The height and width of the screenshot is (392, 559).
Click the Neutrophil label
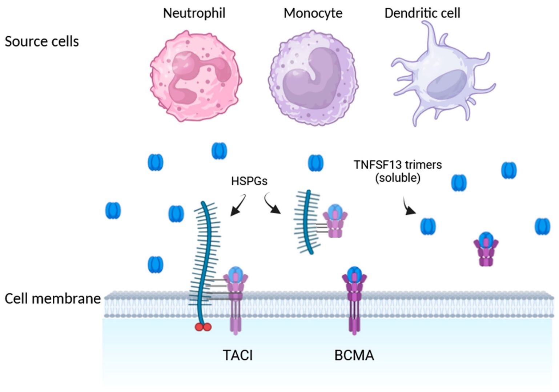(x=194, y=13)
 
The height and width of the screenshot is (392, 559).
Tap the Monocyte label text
(x=313, y=13)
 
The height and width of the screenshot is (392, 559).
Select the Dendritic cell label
(x=422, y=13)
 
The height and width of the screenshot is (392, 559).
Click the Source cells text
(x=41, y=41)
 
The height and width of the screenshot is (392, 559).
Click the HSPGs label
(x=249, y=181)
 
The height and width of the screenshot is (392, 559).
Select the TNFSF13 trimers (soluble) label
(x=398, y=171)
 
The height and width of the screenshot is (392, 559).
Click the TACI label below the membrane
(x=237, y=355)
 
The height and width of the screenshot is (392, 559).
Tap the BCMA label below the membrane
(x=354, y=355)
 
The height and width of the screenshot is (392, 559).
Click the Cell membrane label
(x=52, y=298)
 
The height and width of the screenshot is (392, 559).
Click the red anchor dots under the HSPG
(x=203, y=327)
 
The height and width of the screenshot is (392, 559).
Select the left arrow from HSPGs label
(x=238, y=206)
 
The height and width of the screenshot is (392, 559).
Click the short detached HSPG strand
(x=307, y=222)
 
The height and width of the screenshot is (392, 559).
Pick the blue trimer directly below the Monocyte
(x=315, y=163)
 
